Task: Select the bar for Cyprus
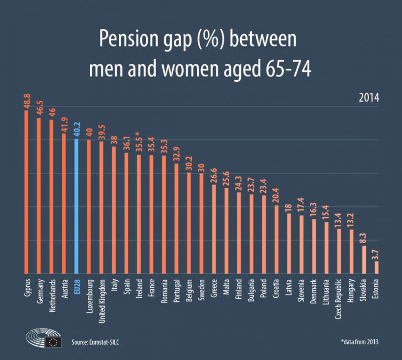pyautogui.click(x=26, y=192)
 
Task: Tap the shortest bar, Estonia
pyautogui.click(x=376, y=267)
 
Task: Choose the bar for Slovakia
pyautogui.click(x=364, y=260)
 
